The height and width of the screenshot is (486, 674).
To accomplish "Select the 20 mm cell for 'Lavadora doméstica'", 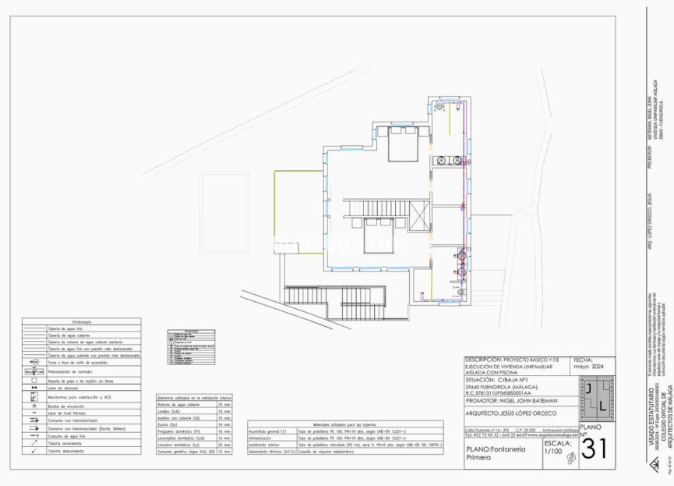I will (x=225, y=444).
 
